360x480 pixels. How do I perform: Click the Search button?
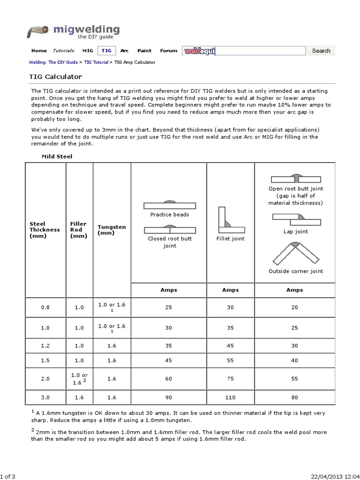321,51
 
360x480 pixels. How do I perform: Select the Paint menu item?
144,51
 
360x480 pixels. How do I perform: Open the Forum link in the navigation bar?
169,51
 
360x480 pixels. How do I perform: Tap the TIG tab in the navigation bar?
106,51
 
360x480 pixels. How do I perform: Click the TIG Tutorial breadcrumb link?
96,62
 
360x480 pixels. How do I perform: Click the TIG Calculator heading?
56,76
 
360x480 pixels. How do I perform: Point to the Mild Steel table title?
57,156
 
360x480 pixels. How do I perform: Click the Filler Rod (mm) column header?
78,230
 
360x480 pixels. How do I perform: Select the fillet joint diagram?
230,220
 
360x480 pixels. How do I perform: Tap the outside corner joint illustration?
295,253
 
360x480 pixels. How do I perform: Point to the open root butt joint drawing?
295,179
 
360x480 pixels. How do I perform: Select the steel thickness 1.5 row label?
45,360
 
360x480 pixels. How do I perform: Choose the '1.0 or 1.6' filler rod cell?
78,379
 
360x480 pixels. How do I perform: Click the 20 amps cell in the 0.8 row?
294,307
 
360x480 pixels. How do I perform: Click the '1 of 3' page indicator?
8,477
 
